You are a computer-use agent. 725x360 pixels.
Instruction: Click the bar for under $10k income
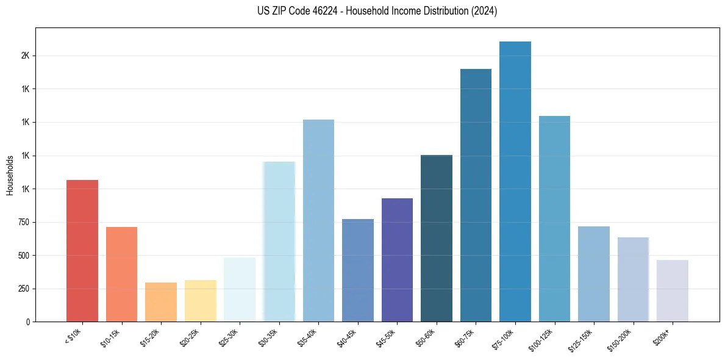point(82,251)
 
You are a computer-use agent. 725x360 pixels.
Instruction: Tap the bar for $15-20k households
point(161,302)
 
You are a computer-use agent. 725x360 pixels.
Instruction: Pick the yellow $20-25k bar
point(200,301)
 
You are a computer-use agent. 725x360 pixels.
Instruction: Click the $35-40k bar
point(318,220)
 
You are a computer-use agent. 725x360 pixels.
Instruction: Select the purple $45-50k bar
point(397,260)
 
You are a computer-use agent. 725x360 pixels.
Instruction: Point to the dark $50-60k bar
point(437,238)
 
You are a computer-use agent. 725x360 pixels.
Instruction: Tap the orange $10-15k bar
point(121,274)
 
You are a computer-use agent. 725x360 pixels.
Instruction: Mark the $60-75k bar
point(476,195)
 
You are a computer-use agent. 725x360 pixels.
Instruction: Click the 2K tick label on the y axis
point(25,56)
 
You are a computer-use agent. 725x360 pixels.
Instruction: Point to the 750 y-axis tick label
point(24,223)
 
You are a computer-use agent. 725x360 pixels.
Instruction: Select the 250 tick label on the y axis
point(24,289)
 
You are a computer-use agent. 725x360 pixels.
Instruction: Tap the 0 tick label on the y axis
point(28,322)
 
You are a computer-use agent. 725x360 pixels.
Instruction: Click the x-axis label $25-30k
point(228,337)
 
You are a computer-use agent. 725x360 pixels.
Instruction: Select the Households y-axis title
point(10,175)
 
